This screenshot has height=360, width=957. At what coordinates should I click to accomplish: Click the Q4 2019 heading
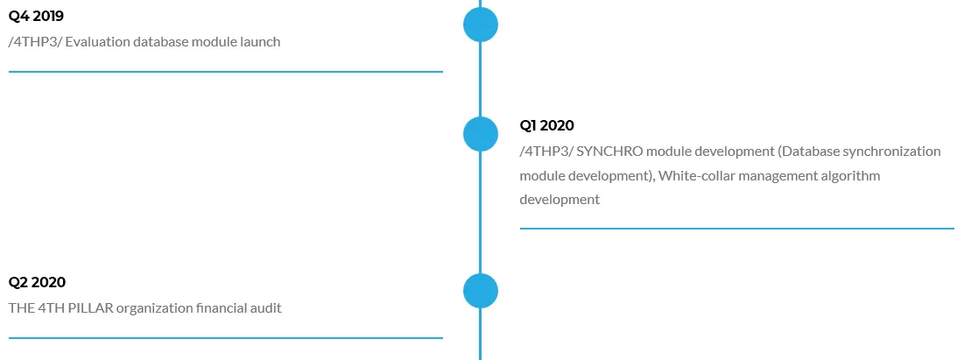coord(36,17)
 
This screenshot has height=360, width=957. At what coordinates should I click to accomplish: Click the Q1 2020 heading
coord(547,126)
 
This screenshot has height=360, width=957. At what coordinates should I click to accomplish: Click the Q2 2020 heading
coord(37,282)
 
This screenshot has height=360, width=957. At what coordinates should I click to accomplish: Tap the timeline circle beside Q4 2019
coord(481,25)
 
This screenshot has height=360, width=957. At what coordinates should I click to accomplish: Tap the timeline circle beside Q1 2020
coord(481,134)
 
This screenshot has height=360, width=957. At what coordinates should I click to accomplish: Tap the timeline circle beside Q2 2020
coord(481,291)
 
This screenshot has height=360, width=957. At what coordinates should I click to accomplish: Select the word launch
coord(261,42)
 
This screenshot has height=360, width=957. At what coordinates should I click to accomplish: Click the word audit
coord(265,308)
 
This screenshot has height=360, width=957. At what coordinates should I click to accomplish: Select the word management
coord(768,176)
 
